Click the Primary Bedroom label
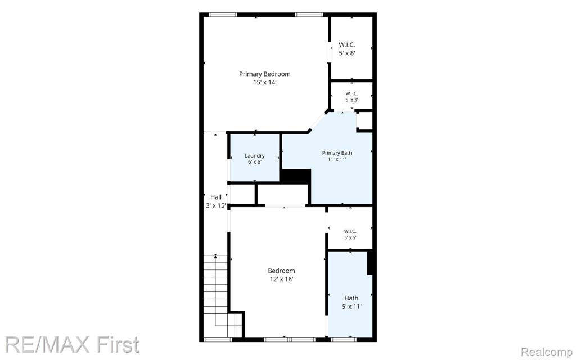[264, 74]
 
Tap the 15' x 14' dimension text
[264, 83]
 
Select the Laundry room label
[255, 156]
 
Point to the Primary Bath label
[337, 153]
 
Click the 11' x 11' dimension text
[337, 159]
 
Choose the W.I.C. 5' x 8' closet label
[346, 49]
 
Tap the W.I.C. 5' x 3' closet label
[352, 96]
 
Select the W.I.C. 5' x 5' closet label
[350, 234]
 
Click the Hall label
[216, 197]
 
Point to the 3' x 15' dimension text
[216, 206]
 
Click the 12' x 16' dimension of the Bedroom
[281, 279]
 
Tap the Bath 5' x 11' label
[352, 302]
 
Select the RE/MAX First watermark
[72, 345]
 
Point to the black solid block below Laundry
[296, 176]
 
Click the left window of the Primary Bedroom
[223, 15]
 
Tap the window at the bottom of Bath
[344, 340]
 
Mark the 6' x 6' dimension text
[255, 162]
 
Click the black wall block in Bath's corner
[370, 262]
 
